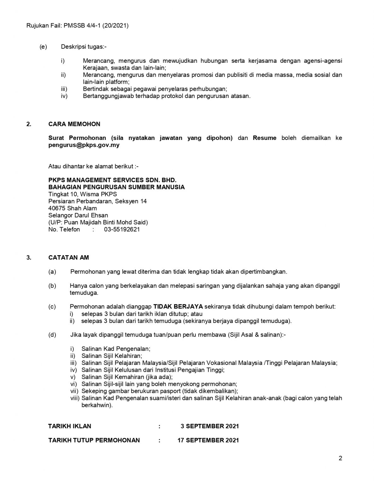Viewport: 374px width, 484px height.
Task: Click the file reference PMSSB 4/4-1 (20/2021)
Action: pos(96,26)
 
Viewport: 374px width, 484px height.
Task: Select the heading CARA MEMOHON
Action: pos(74,124)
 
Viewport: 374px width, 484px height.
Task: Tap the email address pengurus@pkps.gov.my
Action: pos(84,145)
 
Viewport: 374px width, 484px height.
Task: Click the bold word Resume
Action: pos(264,138)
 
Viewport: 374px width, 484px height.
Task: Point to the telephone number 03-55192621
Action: pos(122,229)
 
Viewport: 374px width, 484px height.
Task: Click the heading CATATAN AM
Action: pos(69,257)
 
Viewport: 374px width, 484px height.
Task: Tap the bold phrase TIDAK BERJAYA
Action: pos(178,307)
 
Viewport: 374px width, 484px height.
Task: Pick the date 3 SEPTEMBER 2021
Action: pos(210,426)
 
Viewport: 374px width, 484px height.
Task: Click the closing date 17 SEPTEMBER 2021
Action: pos(208,440)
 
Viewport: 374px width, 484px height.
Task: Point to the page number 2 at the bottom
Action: pos(340,458)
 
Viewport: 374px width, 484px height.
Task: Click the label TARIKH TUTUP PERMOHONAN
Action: pos(94,440)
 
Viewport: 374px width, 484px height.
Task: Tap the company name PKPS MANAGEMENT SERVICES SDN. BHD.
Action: pos(112,180)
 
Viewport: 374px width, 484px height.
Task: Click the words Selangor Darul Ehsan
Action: pos(78,215)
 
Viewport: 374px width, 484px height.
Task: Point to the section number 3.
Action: pos(29,257)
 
